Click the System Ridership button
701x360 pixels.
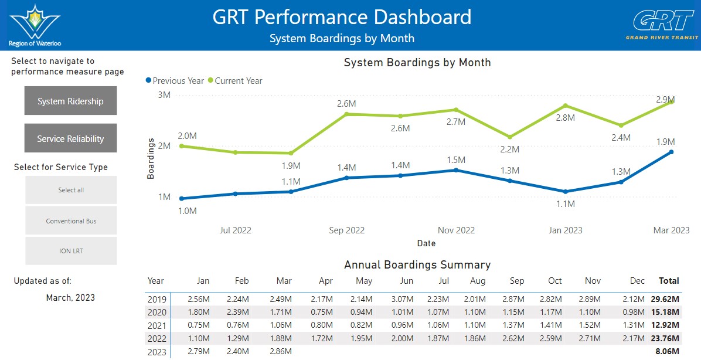tap(71, 101)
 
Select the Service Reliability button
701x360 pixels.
tap(71, 138)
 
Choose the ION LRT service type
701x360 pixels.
tap(71, 251)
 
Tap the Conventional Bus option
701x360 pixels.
tap(71, 221)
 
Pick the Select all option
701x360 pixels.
tap(71, 190)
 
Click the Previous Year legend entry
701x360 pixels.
tap(175, 81)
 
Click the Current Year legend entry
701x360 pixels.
tap(235, 81)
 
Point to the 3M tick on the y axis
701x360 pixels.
tap(164, 95)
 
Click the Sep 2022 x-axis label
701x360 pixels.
tap(347, 230)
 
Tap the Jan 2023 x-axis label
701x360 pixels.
tap(566, 230)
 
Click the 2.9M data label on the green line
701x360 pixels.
tap(665, 99)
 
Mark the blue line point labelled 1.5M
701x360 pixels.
tap(456, 170)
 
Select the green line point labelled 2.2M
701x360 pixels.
tap(510, 137)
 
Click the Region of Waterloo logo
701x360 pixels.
tap(35, 25)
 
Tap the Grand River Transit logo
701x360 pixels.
tap(662, 25)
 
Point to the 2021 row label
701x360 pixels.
tap(157, 325)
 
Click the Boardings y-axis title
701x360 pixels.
tap(151, 158)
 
